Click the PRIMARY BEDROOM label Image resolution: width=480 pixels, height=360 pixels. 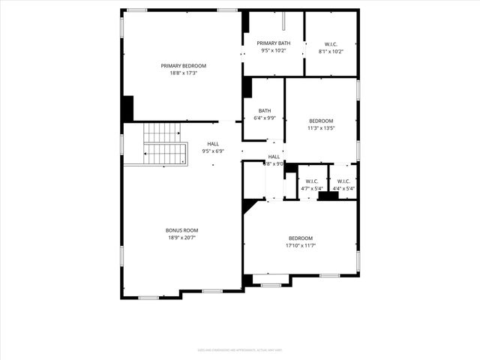click(x=183, y=66)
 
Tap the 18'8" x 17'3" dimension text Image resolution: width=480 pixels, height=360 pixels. click(x=183, y=74)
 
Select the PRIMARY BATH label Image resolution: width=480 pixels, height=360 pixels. click(x=273, y=43)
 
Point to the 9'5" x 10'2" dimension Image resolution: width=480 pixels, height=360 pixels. click(x=273, y=51)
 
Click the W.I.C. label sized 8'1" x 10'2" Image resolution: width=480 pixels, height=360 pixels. click(x=331, y=43)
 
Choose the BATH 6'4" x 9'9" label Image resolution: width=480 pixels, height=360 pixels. click(x=265, y=110)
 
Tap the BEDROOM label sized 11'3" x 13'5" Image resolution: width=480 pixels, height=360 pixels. click(x=321, y=121)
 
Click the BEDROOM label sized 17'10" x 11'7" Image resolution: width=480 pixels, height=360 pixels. click(x=300, y=238)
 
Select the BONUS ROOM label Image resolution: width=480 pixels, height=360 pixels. click(x=182, y=230)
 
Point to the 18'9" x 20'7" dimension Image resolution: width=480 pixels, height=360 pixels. click(x=182, y=238)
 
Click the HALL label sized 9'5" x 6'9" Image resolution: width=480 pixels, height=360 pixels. click(x=213, y=143)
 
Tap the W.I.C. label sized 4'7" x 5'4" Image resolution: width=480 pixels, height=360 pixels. click(x=312, y=181)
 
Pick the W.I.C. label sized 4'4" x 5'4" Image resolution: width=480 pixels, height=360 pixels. click(x=343, y=181)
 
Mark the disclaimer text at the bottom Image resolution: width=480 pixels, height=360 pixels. click(x=240, y=349)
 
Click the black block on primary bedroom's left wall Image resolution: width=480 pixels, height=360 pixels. click(x=127, y=108)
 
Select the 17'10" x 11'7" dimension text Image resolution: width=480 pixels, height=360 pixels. click(x=300, y=245)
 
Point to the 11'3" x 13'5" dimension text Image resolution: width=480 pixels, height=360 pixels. click(x=321, y=128)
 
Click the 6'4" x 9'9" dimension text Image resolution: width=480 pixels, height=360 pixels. click(x=265, y=118)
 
